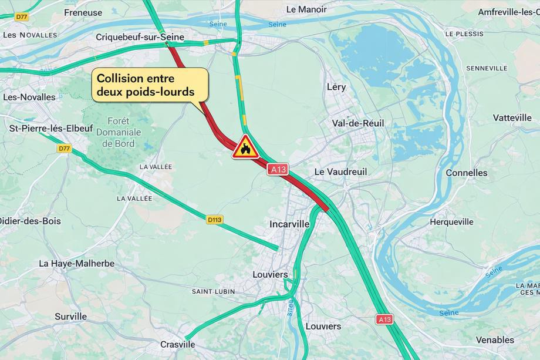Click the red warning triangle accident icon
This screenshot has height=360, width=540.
click(x=245, y=148)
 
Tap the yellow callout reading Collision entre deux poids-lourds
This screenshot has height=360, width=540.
click(x=150, y=85)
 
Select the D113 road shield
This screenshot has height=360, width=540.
click(x=215, y=220)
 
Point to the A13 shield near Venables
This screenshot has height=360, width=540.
click(x=384, y=319)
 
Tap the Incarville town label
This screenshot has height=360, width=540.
click(x=288, y=224)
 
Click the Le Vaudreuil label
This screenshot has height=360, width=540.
click(x=340, y=171)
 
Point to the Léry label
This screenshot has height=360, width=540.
click(x=336, y=87)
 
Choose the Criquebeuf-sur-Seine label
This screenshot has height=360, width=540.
click(x=140, y=37)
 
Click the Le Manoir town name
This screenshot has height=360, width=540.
click(x=306, y=9)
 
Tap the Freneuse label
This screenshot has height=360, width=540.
click(x=83, y=12)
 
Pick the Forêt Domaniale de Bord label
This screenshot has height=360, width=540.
click(x=118, y=132)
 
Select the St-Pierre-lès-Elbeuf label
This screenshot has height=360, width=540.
click(x=48, y=127)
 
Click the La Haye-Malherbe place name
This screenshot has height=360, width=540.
click(x=76, y=263)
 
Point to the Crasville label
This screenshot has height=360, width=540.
click(x=177, y=344)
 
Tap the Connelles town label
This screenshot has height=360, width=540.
click(x=466, y=173)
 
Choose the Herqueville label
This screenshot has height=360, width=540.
click(x=451, y=221)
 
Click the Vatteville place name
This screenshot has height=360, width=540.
click(x=512, y=117)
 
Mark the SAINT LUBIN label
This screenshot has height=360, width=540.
click(x=213, y=291)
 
